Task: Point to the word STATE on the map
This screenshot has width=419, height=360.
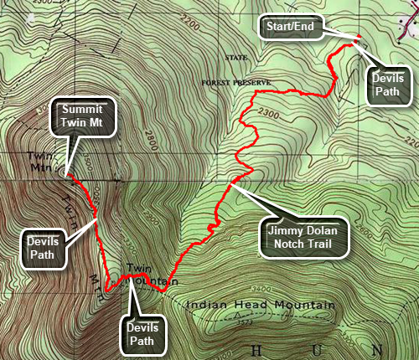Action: pos(238,58)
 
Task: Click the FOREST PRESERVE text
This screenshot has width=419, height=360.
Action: pos(238,83)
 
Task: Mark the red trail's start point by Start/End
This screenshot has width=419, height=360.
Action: pos(358,38)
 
